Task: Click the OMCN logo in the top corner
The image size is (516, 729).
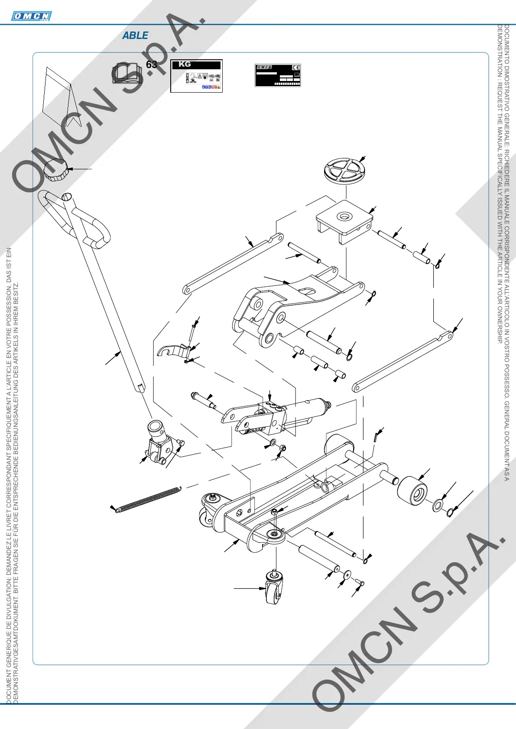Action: coord(31,16)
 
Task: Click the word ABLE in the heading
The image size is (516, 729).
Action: coord(135,35)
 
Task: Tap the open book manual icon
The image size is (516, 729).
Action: coord(127,73)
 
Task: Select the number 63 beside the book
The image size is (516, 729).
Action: coord(152,65)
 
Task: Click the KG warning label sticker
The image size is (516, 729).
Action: coord(196,76)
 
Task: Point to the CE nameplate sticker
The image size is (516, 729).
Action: coord(278,75)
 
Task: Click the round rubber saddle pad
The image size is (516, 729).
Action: coord(344,170)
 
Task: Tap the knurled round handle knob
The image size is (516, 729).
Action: coord(57,170)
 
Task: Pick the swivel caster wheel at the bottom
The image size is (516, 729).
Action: coord(274,588)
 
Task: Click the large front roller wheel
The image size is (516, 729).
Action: coord(412,490)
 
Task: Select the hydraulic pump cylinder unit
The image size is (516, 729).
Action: coord(277,416)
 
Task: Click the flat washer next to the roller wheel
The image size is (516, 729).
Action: coord(438,505)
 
